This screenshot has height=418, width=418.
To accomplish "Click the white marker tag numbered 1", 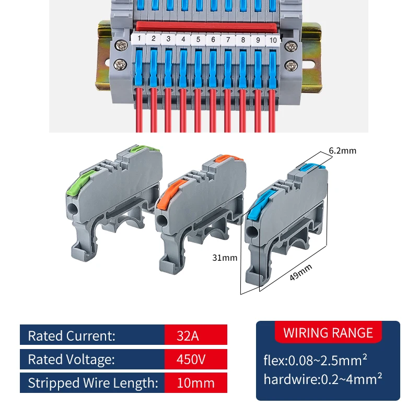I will click(138, 38).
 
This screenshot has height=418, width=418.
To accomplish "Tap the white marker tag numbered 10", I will click(273, 39).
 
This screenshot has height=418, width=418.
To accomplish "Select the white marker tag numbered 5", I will click(198, 39).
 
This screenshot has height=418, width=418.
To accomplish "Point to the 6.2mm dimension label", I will click(342, 150).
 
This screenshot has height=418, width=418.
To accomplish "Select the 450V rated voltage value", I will click(190, 359).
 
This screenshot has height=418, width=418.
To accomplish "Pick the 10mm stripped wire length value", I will click(196, 383).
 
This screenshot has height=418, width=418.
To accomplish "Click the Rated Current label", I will click(72, 335).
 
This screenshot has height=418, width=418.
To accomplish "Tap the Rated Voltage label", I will click(71, 359).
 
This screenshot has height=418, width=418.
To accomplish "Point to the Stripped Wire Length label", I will click(93, 383).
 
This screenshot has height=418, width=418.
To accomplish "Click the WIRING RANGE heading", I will click(328, 333).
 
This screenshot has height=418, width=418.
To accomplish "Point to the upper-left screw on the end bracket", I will click(121, 45).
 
